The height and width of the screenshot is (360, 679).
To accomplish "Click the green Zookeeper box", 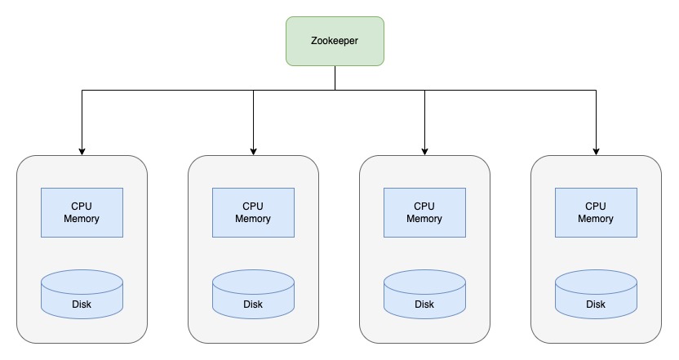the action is (335, 41).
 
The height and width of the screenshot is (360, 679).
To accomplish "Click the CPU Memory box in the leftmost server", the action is (82, 213).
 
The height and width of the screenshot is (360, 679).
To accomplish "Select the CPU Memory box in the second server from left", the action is (253, 213).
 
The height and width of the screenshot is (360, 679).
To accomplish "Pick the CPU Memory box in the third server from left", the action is (425, 213).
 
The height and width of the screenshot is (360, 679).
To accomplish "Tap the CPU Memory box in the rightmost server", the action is (596, 213).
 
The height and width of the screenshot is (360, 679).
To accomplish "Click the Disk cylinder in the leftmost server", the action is (82, 295).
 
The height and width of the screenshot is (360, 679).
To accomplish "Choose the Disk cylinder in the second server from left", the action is (253, 295).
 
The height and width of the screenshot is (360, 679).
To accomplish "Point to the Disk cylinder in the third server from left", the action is (425, 295).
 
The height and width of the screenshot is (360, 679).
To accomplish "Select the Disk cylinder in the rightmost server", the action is (596, 295).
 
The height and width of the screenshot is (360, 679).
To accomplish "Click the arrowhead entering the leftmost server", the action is (82, 152).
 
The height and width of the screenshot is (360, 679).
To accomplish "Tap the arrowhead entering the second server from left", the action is (253, 152).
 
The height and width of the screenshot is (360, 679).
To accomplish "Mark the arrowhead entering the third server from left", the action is (425, 152).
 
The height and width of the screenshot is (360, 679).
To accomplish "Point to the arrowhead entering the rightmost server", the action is (596, 152).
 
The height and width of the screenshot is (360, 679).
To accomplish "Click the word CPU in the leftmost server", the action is (82, 207).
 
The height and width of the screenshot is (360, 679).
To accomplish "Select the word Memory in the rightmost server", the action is (596, 219).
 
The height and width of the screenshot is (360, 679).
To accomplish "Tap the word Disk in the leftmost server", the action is (82, 304).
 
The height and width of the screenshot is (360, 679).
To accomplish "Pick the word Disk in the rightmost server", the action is (596, 304).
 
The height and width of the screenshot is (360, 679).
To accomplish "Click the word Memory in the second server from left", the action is (253, 219).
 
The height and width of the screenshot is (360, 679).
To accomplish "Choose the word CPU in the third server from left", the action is (424, 207).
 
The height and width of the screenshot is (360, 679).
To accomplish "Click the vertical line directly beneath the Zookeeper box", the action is (335, 78).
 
